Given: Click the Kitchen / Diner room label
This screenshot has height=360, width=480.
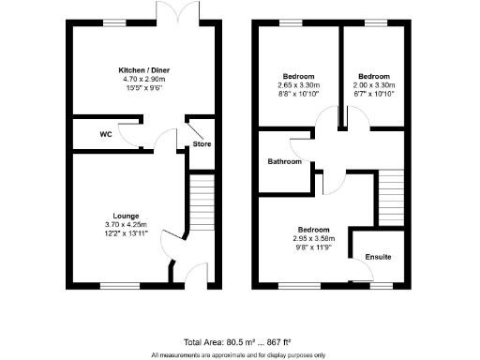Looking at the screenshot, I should pyautogui.click(x=143, y=70).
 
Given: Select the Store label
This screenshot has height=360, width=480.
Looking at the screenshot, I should pyautogui.click(x=202, y=144).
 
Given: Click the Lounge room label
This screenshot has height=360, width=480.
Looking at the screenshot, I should pyautogui.click(x=126, y=215).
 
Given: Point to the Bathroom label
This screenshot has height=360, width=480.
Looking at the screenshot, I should pyautogui.click(x=284, y=161).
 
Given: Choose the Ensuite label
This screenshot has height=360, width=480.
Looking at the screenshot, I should pyautogui.click(x=378, y=256).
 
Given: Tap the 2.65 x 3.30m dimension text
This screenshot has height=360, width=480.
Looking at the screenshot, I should pyautogui.click(x=298, y=85).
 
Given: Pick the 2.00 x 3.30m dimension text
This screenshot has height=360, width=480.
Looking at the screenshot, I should pyautogui.click(x=374, y=85).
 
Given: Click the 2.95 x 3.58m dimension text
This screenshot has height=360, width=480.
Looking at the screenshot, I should pyautogui.click(x=313, y=239).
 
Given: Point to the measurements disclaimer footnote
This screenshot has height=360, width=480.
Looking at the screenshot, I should pyautogui.click(x=240, y=354).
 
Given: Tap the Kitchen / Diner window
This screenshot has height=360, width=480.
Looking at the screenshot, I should pyautogui.click(x=114, y=22).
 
